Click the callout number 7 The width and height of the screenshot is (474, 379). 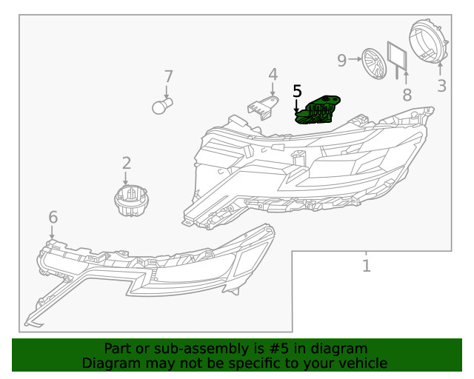168,76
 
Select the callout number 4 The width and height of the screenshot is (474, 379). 273,74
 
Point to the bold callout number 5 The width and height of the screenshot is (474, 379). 297,91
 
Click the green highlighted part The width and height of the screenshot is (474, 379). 318,109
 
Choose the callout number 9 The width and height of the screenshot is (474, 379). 342,60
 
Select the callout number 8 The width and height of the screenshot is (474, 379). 406,94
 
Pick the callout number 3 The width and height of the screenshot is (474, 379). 441,85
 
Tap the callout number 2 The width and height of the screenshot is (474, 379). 127,163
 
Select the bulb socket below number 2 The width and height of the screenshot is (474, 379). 127,200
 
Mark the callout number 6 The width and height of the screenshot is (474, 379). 53,217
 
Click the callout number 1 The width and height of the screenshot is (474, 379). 366,265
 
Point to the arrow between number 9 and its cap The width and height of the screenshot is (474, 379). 354,59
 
